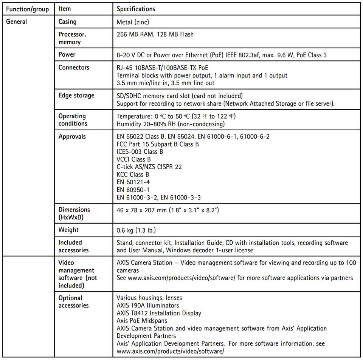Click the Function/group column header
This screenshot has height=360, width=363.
[x=27, y=9]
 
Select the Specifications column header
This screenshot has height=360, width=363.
[x=136, y=9]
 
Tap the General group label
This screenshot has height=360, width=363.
[x=17, y=22]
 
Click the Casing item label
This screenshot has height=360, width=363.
[x=68, y=22]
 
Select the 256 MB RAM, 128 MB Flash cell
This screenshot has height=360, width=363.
[x=155, y=34]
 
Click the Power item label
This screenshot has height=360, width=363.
[x=67, y=54]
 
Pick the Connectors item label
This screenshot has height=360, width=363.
[x=74, y=67]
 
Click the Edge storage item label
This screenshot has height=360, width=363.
[x=76, y=95]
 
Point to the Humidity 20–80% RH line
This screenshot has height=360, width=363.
[x=171, y=124]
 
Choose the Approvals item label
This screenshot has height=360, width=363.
[x=72, y=136]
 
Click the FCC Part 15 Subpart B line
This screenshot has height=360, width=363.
[x=158, y=144]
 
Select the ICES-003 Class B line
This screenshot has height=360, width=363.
[x=140, y=152]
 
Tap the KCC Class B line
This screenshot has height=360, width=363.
[x=133, y=175]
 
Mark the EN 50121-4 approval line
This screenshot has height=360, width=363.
[x=133, y=182]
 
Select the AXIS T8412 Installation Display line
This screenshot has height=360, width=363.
[x=159, y=313]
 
